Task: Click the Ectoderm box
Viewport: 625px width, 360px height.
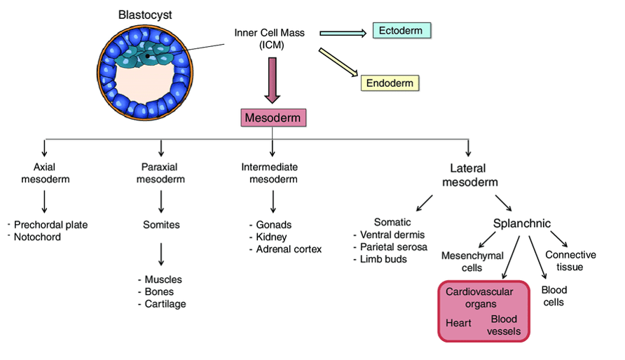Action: point(401,30)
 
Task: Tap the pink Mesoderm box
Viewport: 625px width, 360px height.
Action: point(272,118)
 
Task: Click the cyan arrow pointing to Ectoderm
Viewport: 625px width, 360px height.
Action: point(343,32)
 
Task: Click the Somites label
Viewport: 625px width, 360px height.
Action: point(162,225)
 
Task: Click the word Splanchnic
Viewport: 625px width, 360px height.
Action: point(521,224)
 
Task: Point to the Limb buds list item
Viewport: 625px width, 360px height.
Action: point(383,258)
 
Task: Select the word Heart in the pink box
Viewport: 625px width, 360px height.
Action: point(458,323)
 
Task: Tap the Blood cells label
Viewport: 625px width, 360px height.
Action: point(554,296)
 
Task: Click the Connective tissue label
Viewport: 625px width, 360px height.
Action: point(570,261)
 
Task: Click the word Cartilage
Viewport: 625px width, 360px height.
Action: point(165,303)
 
